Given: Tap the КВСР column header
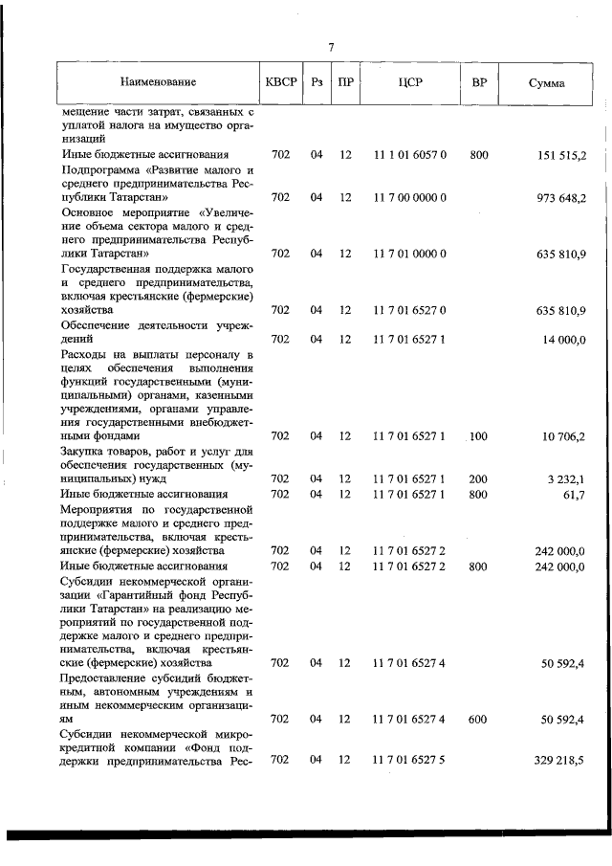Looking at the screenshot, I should click(280, 82).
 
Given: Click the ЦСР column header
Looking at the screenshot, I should click(410, 82).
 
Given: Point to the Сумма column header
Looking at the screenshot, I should click(546, 83).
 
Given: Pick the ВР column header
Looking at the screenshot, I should click(479, 82).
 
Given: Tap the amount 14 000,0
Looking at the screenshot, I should click(564, 339).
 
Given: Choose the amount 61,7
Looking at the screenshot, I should click(576, 494).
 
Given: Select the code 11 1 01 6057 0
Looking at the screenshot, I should click(410, 154).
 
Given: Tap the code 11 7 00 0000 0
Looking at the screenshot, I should click(410, 198).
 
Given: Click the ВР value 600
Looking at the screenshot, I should click(479, 718).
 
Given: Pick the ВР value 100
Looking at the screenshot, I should click(479, 435).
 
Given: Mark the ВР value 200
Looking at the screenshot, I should click(479, 478).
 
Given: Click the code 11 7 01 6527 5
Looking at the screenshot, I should click(410, 760).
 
